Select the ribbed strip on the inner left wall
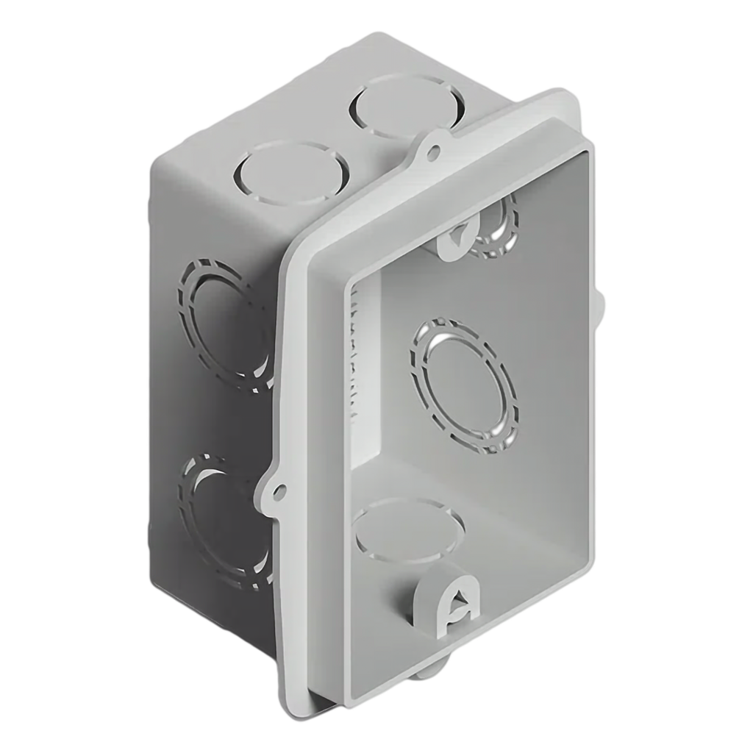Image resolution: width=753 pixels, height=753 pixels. [359, 360]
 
